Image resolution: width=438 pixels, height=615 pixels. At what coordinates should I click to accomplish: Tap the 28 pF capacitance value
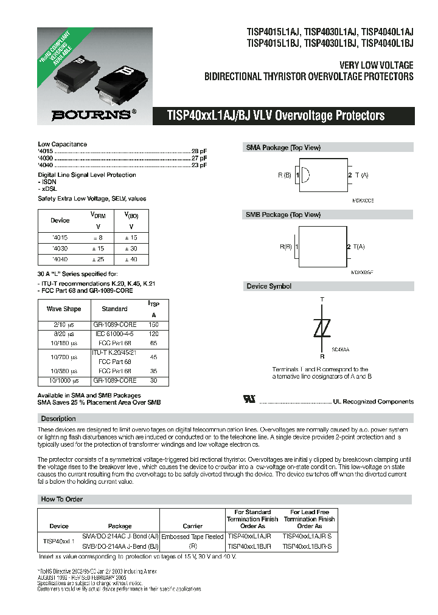coord(199,151)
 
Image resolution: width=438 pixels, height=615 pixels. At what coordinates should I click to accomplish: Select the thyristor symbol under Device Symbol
coord(322,329)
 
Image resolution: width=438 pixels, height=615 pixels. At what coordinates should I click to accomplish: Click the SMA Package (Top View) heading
coord(283,148)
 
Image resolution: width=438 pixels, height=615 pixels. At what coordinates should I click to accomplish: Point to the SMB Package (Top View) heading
coord(283,215)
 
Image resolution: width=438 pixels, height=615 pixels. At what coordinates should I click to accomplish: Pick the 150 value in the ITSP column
coord(153,325)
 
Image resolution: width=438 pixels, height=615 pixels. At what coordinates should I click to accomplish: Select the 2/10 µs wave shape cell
coord(63,325)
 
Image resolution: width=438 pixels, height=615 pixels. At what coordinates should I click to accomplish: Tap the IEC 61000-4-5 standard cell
coord(114,334)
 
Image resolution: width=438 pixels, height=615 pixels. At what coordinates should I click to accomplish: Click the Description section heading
coord(58,419)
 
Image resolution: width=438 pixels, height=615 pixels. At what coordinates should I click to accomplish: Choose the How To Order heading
coord(61,499)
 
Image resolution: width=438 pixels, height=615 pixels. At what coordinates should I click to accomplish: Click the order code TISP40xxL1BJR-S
coord(308,547)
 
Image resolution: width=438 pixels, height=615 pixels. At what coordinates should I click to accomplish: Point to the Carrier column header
coord(192,526)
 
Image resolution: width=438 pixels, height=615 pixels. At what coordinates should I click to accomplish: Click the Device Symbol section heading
coord(268,286)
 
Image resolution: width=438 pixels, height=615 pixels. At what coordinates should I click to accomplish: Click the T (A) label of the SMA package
coord(361,175)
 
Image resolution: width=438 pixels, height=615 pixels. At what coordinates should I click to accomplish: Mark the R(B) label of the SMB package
coord(287,247)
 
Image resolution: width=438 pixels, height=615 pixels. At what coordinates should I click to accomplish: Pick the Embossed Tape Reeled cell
coord(192,537)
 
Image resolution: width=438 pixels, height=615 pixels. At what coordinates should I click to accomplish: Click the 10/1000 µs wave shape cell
coord(63,380)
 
